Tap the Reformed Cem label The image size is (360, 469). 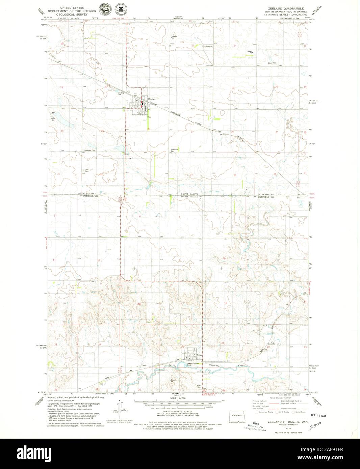coord(90,150)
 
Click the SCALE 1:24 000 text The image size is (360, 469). coord(178,398)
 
